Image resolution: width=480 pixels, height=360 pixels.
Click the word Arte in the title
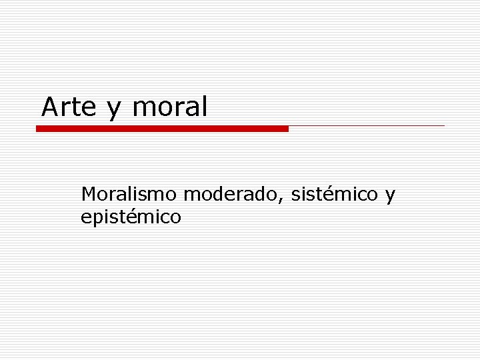coord(69,107)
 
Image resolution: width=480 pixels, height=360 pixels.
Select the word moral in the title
coord(170,107)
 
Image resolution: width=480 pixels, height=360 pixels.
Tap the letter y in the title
coord(114,109)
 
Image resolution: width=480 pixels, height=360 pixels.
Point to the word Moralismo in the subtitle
coord(129,195)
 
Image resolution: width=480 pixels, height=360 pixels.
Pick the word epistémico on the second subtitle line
coord(131,217)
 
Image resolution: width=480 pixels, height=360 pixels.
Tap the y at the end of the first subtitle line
coord(390,197)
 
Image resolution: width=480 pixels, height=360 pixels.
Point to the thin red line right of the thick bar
coord(367,125)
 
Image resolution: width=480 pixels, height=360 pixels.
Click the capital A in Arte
coord(49,107)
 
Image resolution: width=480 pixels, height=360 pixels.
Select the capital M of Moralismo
coord(88,195)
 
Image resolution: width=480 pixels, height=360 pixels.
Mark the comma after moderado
coord(285,200)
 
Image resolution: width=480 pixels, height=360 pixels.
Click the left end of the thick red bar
coord(38,129)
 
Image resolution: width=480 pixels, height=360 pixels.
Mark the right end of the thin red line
coord(443,125)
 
